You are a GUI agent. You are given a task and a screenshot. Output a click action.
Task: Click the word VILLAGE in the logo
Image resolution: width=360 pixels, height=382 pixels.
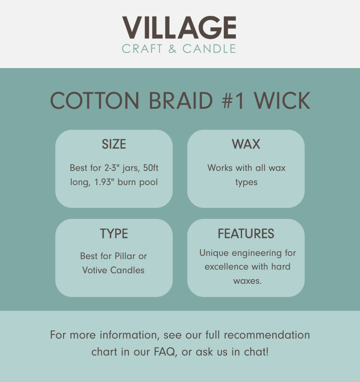pyautogui.click(x=179, y=27)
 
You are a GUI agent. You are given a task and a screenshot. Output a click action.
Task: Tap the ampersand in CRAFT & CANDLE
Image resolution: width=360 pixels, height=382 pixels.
pyautogui.click(x=172, y=49)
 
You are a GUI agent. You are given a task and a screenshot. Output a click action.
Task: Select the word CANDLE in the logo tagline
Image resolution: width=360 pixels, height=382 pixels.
pyautogui.click(x=209, y=49)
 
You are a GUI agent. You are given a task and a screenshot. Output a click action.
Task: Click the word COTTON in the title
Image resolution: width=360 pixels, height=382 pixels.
pyautogui.click(x=95, y=101)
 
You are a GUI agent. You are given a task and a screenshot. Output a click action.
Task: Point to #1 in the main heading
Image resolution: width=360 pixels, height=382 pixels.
pyautogui.click(x=233, y=101)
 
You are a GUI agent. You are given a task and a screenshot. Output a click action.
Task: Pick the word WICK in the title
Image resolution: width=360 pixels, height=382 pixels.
pyautogui.click(x=282, y=101)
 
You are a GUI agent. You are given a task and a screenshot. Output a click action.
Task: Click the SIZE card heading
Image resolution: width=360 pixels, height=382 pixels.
pyautogui.click(x=114, y=144)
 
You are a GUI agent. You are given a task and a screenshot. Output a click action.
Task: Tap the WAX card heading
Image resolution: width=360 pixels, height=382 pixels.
pyautogui.click(x=246, y=144)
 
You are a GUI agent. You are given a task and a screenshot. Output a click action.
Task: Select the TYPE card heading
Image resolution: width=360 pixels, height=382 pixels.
pyautogui.click(x=114, y=233)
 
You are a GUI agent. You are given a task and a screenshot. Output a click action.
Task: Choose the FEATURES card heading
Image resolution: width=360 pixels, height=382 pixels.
pyautogui.click(x=246, y=233)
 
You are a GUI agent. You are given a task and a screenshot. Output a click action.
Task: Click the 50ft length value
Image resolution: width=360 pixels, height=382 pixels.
pyautogui.click(x=151, y=168)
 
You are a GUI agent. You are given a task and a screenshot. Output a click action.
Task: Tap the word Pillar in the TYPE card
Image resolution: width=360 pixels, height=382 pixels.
pyautogui.click(x=125, y=256)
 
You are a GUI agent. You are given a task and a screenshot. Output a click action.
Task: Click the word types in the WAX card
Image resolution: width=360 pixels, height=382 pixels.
pyautogui.click(x=246, y=183)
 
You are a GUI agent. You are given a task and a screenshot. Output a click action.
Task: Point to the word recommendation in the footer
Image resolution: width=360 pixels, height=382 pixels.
pyautogui.click(x=267, y=335)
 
